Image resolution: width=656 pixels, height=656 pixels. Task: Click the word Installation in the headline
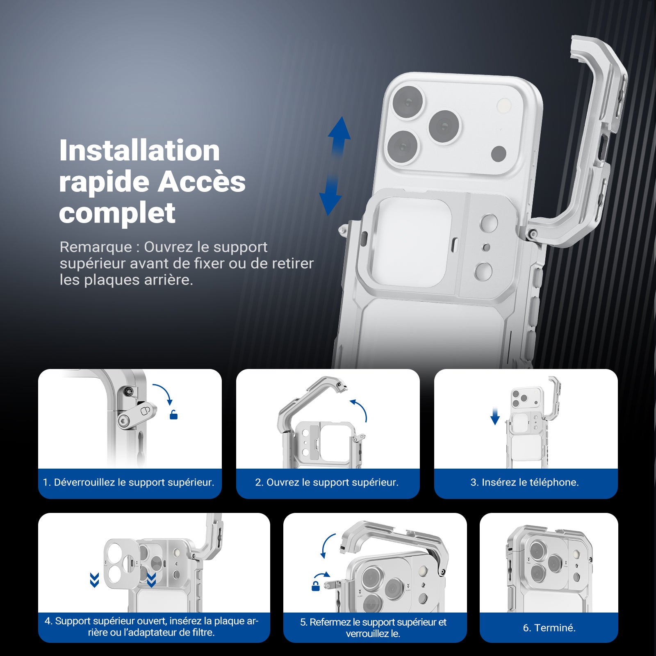139,150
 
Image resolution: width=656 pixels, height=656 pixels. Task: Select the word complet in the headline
117,213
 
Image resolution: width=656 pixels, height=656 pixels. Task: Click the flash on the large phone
503,106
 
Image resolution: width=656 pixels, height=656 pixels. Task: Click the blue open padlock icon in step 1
174,415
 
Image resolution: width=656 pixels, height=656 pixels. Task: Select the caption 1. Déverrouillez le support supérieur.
129,482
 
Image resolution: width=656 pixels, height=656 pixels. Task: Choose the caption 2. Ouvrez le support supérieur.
327,482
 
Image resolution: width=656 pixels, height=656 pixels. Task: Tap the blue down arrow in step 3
495,416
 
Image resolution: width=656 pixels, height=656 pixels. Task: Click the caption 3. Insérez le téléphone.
525,482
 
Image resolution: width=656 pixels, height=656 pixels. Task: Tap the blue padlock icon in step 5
316,586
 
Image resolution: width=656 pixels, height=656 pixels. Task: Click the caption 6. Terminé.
549,628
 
